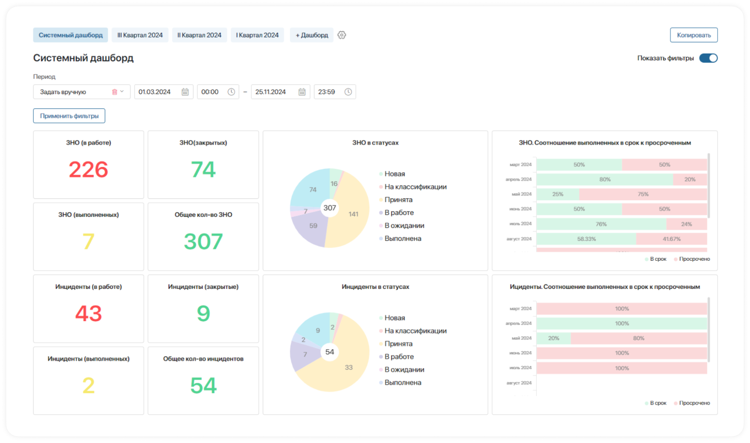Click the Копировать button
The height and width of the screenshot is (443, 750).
(x=693, y=35)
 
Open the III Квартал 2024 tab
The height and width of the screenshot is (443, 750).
(x=140, y=35)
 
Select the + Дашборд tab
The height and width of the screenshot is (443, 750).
(x=311, y=35)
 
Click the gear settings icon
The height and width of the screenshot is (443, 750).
(x=341, y=35)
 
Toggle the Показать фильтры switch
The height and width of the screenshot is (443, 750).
(x=708, y=58)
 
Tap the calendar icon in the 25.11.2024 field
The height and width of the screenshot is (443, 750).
(x=302, y=92)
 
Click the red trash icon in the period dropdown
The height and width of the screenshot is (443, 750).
(x=114, y=92)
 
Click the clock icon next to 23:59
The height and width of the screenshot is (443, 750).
(x=348, y=92)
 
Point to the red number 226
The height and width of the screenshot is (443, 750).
(x=89, y=170)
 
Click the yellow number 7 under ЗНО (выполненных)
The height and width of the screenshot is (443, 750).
(x=89, y=241)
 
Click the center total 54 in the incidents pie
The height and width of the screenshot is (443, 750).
(x=329, y=352)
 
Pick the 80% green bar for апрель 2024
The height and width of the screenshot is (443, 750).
(x=604, y=179)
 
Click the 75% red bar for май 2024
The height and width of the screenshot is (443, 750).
(x=643, y=194)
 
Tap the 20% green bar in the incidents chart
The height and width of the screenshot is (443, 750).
(x=553, y=338)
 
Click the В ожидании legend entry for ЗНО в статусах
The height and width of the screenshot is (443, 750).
(x=404, y=225)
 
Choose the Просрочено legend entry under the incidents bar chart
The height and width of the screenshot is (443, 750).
(x=694, y=403)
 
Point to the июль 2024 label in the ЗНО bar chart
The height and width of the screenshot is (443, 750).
(x=520, y=224)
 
